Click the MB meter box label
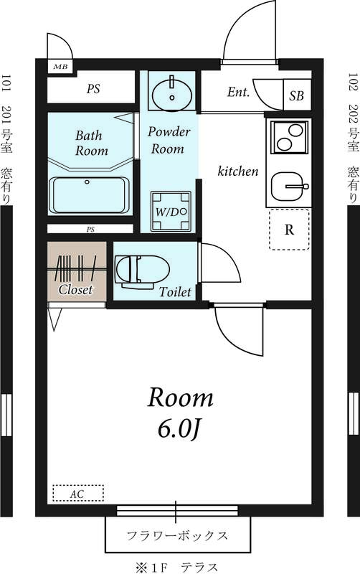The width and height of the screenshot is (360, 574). click(x=60, y=67)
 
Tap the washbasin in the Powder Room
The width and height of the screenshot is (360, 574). click(x=172, y=93)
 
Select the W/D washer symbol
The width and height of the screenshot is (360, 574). click(x=171, y=211)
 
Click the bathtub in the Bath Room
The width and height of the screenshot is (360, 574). click(x=89, y=195)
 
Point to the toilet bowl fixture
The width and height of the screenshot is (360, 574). click(x=142, y=270)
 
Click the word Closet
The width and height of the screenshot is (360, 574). click(x=76, y=290)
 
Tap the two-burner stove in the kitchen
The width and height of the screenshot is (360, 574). click(x=290, y=137)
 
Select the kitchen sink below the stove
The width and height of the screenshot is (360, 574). click(x=290, y=187)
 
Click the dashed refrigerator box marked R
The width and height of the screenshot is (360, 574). click(x=290, y=230)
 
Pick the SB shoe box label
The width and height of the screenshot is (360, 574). click(x=297, y=96)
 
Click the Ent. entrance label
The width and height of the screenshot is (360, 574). click(x=238, y=92)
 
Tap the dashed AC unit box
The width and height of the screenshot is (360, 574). click(x=78, y=493)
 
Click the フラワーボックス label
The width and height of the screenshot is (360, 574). click(x=177, y=536)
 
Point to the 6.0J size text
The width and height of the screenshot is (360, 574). click(x=179, y=428)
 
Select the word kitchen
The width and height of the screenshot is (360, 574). click(x=238, y=171)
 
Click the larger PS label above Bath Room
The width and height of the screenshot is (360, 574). click(x=93, y=88)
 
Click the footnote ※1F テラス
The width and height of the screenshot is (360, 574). click(x=177, y=567)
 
